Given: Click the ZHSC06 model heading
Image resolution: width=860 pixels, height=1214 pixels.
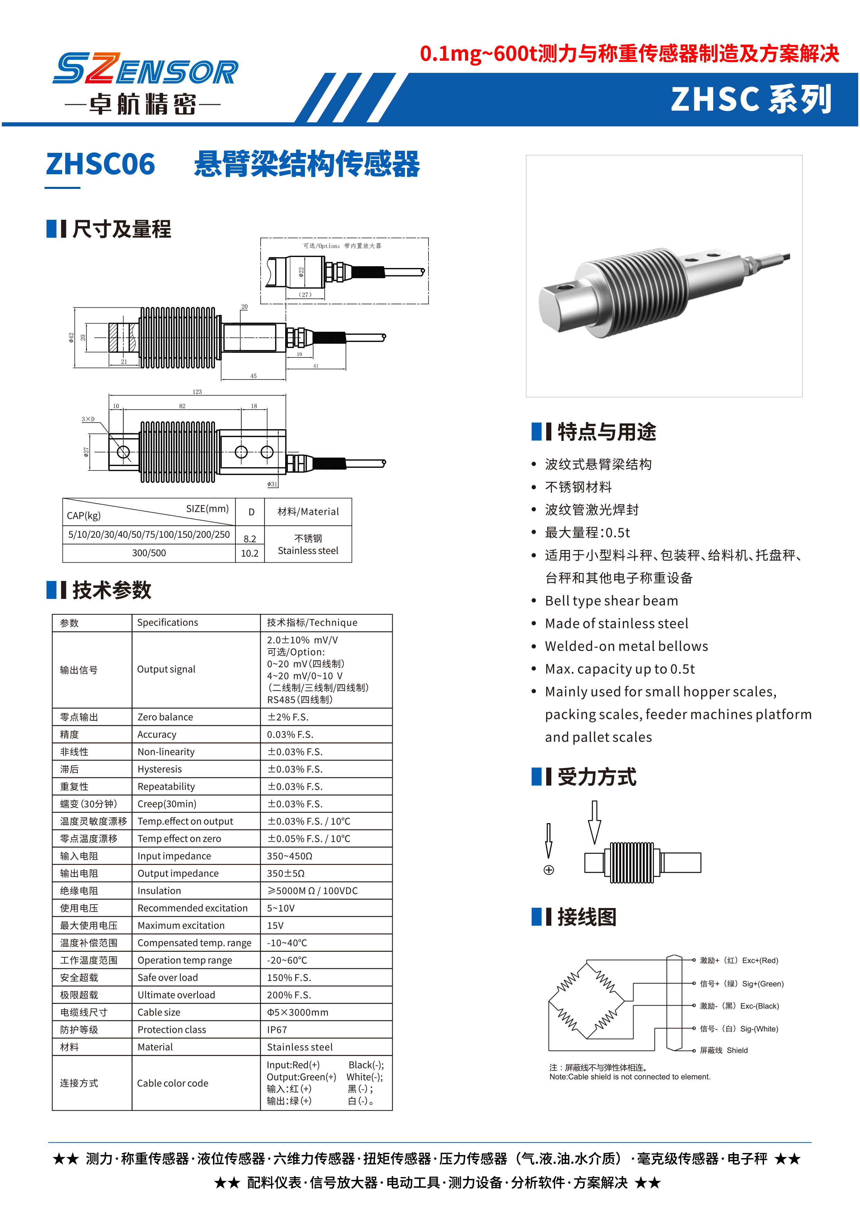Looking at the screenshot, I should (x=100, y=164).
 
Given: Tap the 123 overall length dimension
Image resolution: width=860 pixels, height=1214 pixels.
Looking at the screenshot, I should (x=197, y=392).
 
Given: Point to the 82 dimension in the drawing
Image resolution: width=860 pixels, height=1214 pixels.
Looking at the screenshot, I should (x=182, y=406).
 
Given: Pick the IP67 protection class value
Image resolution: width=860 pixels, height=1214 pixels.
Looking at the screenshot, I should (x=277, y=1030).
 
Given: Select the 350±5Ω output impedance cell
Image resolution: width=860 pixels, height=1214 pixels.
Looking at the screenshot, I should (x=286, y=873).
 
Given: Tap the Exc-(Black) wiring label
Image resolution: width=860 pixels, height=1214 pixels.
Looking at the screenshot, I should (x=760, y=1006).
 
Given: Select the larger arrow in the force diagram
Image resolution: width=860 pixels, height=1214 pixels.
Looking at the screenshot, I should (x=594, y=822).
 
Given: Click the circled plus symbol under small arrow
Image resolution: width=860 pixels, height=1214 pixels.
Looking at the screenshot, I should (x=549, y=870).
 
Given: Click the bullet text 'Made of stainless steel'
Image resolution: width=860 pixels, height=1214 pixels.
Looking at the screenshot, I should (x=616, y=623).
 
